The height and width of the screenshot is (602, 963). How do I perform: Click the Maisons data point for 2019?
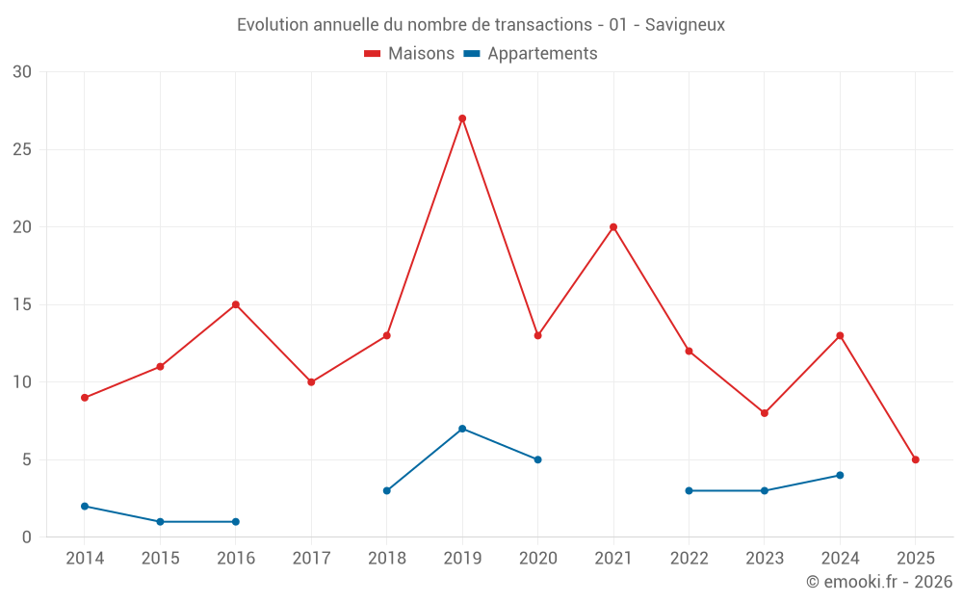462,118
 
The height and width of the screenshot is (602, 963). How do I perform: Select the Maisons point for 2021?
613,227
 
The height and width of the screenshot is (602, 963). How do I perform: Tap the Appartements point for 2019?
462,429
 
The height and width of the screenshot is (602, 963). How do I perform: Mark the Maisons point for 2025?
916,459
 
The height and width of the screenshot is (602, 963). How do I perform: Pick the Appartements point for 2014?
85,506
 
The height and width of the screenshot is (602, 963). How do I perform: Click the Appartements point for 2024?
840,475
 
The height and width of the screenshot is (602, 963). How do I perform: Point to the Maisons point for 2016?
236,304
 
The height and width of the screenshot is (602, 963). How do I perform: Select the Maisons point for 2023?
765,413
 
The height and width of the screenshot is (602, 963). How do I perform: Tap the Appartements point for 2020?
537,459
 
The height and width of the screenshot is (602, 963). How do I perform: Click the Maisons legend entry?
409,54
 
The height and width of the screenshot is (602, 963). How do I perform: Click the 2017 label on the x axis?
311,559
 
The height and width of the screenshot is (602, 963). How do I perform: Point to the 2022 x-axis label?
689,559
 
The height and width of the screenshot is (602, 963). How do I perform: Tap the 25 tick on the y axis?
22,149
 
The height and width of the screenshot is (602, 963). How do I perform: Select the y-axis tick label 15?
22,304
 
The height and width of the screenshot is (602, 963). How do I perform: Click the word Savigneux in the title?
685,24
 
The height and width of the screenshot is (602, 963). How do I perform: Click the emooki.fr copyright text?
879,582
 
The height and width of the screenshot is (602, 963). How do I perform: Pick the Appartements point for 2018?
387,490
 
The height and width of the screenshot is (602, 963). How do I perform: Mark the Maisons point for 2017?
311,382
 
